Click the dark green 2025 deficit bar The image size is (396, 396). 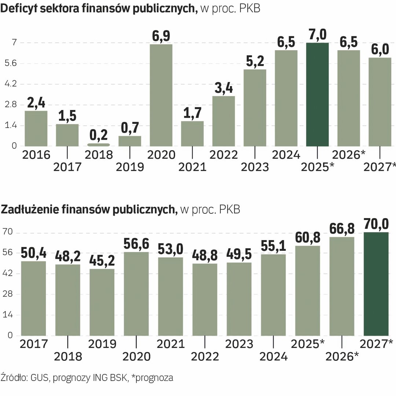(318, 95)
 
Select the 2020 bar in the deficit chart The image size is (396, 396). (161, 95)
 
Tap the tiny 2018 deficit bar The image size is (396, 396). (98, 145)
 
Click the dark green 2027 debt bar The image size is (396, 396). (376, 284)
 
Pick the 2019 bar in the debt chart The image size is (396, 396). (102, 302)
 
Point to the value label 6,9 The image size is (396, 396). (161, 37)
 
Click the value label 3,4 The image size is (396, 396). (224, 89)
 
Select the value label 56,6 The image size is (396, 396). (136, 244)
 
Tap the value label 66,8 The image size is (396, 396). (342, 229)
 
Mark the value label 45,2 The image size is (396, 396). (102, 261)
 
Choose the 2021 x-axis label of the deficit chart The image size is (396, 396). (192, 167)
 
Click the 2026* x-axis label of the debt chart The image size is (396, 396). (342, 356)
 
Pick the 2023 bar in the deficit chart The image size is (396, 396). (255, 108)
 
